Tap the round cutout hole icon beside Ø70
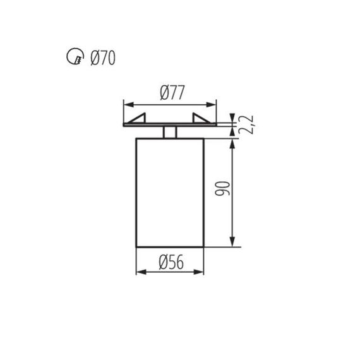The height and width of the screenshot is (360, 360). (x=74, y=60)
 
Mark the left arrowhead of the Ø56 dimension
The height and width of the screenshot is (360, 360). (x=140, y=272)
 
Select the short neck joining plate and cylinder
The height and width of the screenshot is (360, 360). (x=169, y=131)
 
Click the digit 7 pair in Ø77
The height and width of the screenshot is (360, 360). (x=174, y=92)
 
